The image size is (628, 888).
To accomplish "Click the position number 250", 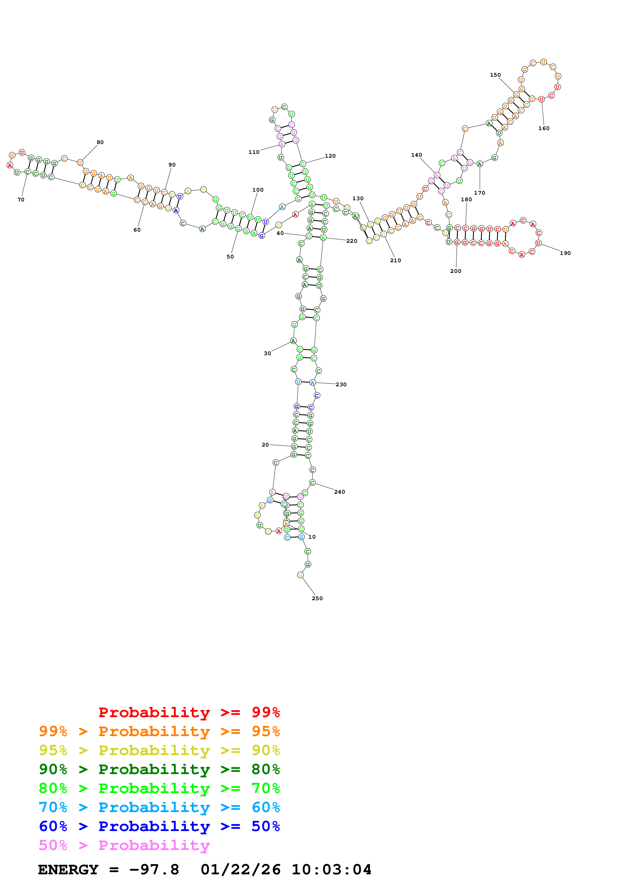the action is tap(317, 598).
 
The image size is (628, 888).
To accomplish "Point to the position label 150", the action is tap(495, 75).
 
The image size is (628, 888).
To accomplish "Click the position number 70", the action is tap(21, 200).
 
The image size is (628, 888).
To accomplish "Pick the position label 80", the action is tap(100, 142).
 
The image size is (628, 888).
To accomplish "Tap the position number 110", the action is tap(254, 152).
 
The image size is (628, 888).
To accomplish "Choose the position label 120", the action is tap(330, 156).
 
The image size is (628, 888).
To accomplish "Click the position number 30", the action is tap(267, 353).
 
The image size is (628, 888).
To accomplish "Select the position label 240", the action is tap(339, 492).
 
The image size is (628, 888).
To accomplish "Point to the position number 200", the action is tap(455, 271).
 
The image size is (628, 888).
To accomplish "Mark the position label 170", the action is tap(479, 193).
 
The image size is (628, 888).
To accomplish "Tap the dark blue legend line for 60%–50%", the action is tap(159, 826).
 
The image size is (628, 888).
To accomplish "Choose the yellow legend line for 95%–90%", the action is tap(159, 750).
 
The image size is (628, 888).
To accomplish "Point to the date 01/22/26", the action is tap(240, 870).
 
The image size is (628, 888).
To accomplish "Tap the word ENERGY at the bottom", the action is tap(68, 870).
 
